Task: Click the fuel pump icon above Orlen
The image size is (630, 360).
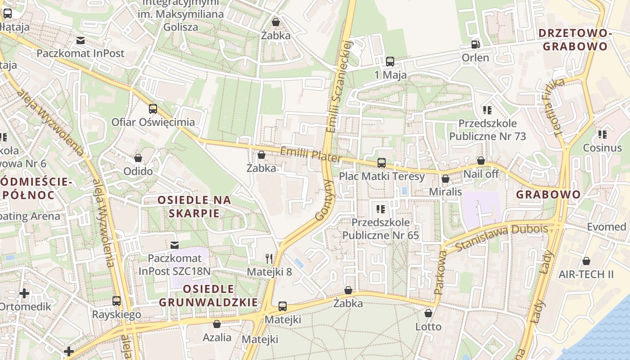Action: tap(475, 45)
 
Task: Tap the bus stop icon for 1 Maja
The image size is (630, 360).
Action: tap(390, 62)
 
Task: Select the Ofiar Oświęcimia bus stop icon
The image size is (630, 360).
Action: tap(153, 109)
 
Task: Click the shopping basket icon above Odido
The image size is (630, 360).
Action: tap(138, 158)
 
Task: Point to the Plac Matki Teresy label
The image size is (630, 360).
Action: tap(382, 176)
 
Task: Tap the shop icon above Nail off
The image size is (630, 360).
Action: tap(481, 161)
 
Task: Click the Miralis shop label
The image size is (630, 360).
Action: tap(445, 192)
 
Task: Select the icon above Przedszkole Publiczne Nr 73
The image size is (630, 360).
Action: tap(487, 110)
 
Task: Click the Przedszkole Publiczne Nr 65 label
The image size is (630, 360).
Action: tap(381, 229)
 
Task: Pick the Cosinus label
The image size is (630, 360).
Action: tap(602, 148)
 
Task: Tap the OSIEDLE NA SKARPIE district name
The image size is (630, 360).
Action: tap(194, 206)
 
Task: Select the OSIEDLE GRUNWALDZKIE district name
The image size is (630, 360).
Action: tap(209, 296)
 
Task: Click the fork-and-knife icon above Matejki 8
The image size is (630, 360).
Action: tap(269, 258)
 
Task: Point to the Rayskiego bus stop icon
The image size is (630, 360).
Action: tap(117, 301)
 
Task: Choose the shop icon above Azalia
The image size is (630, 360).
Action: tap(217, 324)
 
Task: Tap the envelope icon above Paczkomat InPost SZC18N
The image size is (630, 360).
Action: tap(175, 245)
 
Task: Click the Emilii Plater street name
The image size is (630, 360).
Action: tap(310, 155)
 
